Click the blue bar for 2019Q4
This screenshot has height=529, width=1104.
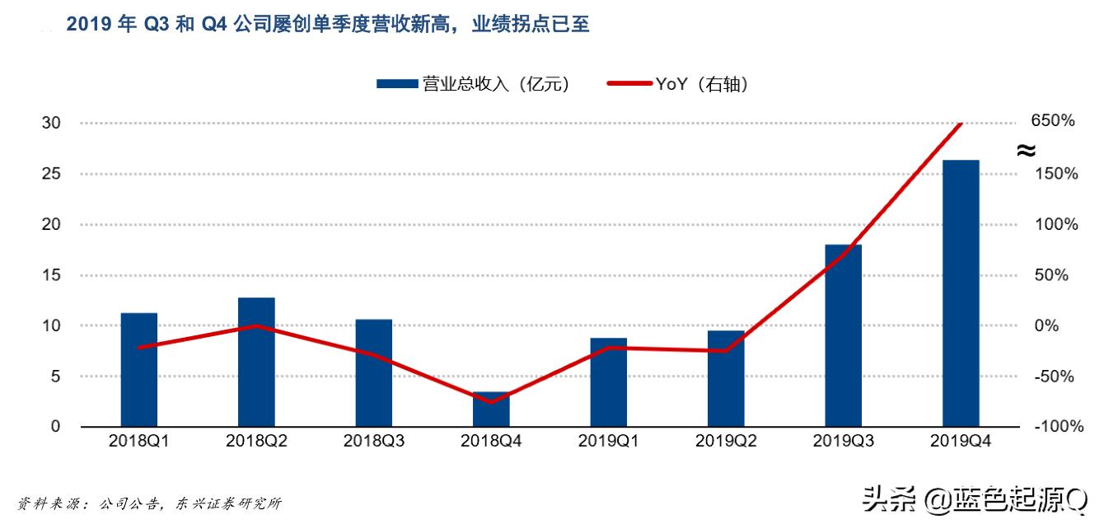pos(961,293)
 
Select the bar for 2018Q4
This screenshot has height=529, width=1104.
pos(491,410)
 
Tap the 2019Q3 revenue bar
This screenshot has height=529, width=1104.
pos(843,335)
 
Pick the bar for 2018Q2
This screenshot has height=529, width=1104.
pos(256,362)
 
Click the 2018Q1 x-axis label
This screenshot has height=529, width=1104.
pos(139,441)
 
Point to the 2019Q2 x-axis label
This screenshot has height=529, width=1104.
pos(726,441)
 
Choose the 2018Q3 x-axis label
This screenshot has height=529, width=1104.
pos(374,441)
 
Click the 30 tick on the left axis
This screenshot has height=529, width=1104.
pos(51,123)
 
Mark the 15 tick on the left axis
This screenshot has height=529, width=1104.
pos(51,275)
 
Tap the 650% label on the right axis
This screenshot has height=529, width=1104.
pos(1053,121)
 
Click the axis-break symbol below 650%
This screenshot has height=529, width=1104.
pos(1026,150)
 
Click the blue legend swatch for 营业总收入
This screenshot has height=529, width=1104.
pos(398,83)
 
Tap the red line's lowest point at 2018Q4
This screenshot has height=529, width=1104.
pos(491,402)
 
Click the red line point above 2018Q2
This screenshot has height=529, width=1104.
pos(256,325)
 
